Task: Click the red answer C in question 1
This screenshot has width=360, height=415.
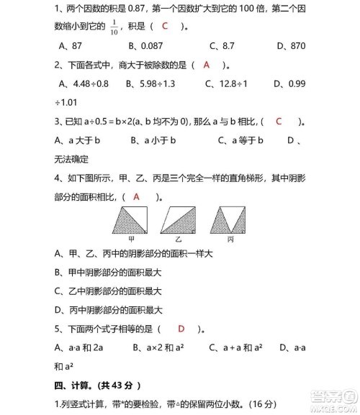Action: point(166,27)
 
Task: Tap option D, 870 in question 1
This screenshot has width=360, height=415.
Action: point(291,45)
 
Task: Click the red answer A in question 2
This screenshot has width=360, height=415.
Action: point(206,64)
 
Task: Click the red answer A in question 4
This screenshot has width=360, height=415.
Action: point(136,196)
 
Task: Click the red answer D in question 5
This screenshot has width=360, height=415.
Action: point(181,329)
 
